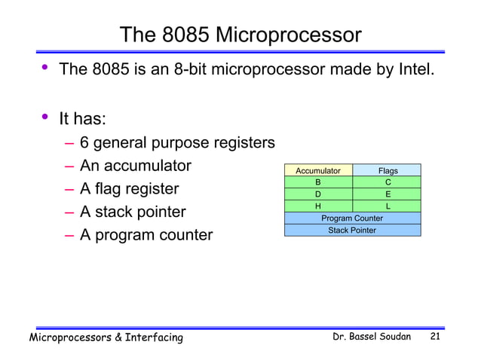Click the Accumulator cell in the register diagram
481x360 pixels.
click(318, 171)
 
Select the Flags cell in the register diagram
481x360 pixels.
click(388, 171)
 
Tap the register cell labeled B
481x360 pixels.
click(318, 182)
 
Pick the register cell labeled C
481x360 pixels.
click(388, 182)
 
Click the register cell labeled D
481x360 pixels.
click(318, 194)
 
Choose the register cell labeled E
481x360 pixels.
click(388, 194)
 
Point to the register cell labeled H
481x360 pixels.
click(318, 206)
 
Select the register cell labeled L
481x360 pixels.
click(388, 206)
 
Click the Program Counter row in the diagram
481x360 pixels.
click(352, 218)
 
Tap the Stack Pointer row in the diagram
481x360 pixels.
click(352, 230)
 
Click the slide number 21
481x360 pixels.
click(435, 337)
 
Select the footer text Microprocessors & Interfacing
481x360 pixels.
click(106, 337)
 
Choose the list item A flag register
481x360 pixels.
click(129, 189)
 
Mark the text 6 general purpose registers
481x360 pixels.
click(177, 142)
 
